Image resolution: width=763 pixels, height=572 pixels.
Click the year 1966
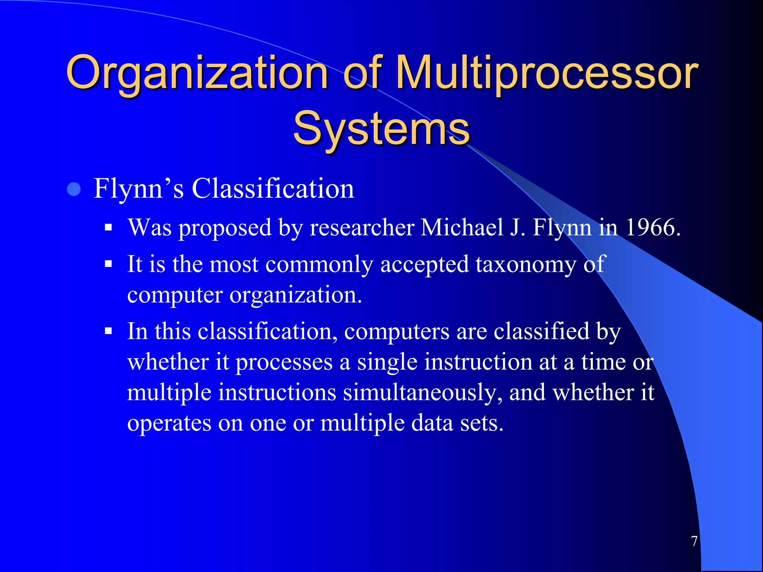coord(652,228)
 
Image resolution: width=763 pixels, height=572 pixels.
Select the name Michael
coord(462,228)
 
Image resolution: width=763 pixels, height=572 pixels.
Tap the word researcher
coord(362,228)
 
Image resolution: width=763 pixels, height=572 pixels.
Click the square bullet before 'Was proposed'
coord(108,228)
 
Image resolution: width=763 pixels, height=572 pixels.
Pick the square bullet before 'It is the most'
coord(108,264)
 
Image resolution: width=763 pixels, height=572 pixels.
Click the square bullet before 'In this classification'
coord(108,331)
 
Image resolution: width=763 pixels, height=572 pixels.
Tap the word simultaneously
coord(422,393)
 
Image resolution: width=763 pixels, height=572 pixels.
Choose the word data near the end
coord(432,423)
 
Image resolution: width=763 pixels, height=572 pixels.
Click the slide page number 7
coord(694,541)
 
